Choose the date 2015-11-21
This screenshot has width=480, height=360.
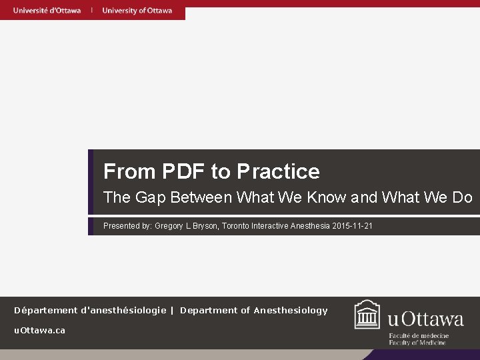click(352, 226)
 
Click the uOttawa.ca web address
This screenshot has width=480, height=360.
click(40, 331)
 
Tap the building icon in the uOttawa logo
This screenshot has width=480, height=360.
click(367, 315)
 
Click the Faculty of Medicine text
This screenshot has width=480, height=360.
click(419, 343)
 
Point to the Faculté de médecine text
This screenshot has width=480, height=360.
click(419, 336)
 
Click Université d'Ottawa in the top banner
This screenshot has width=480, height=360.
click(47, 10)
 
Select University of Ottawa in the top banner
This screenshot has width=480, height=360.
click(137, 10)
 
